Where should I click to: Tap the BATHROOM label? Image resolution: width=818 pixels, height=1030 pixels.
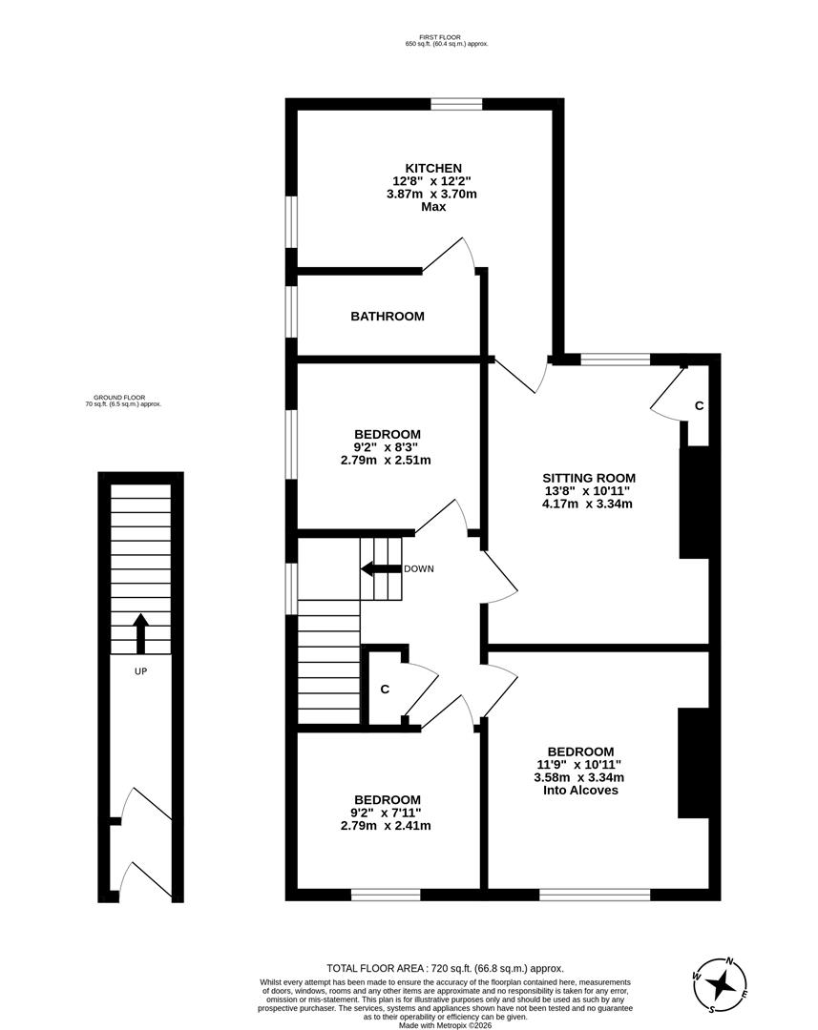click(x=387, y=316)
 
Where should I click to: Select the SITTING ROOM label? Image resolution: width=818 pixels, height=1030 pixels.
click(x=588, y=478)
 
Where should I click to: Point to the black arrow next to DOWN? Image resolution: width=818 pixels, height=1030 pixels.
click(x=379, y=569)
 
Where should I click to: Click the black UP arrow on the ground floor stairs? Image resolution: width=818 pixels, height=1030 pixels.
click(x=140, y=632)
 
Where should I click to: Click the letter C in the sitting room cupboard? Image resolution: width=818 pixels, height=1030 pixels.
click(x=699, y=405)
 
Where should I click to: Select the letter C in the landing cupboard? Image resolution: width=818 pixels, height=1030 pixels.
click(x=385, y=689)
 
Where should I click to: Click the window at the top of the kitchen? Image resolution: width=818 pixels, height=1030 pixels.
click(x=455, y=104)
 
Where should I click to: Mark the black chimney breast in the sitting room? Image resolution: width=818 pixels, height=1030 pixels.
click(x=694, y=503)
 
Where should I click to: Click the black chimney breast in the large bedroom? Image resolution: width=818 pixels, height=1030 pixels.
click(x=694, y=762)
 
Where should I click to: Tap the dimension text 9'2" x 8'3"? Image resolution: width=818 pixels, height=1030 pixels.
click(x=387, y=446)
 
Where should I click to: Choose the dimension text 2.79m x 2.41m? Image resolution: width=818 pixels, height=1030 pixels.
click(x=386, y=825)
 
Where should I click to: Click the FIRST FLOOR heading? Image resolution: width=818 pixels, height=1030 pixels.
click(x=447, y=36)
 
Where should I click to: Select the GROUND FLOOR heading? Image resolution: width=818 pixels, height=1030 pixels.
click(x=123, y=397)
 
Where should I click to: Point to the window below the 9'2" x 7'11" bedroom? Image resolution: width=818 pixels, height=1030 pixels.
click(x=385, y=895)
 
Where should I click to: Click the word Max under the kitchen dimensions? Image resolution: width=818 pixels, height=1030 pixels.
click(x=433, y=207)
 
